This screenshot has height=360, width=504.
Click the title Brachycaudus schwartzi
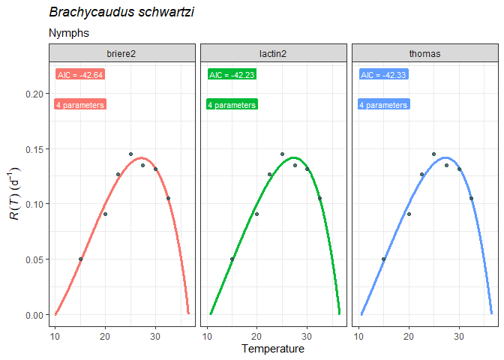coord(121,13)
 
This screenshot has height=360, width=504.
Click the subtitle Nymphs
coord(69,33)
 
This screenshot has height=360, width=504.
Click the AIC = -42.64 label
coord(80,74)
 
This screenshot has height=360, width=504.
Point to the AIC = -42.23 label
coord(232,74)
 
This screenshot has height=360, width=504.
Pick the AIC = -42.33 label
coord(383,74)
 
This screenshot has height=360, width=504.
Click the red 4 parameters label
coord(80,105)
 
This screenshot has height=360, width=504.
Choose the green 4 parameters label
coord(232,105)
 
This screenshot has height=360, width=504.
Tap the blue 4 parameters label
coord(383,105)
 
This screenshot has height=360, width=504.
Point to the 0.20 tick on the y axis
coord(34,94)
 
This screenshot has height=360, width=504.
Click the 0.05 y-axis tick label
coord(34,259)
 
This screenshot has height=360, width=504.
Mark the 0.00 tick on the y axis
coord(34,315)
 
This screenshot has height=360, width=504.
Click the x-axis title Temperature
coord(273,349)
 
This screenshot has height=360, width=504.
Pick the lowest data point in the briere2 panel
coord(80,259)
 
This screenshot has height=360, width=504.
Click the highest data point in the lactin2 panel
coord(282,154)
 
